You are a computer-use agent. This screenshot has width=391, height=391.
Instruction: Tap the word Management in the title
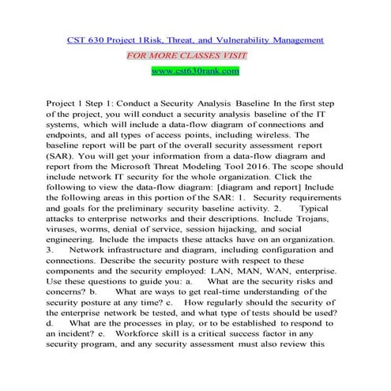click(x=295, y=39)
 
